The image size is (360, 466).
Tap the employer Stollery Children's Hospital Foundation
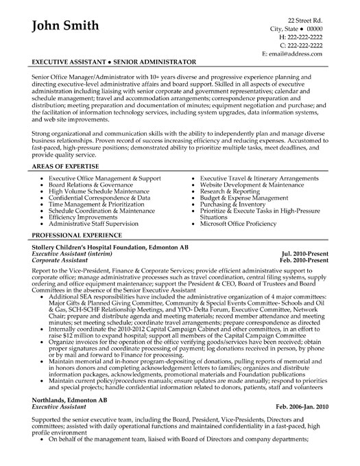tap(96, 264)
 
